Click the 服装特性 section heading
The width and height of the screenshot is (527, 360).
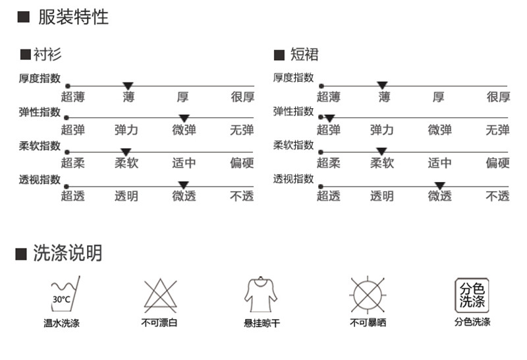pos(72,17)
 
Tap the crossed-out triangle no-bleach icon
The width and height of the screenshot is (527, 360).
pos(159,295)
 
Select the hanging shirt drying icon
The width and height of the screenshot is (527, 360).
pos(260,295)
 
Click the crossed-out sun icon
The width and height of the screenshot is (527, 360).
pos(368,295)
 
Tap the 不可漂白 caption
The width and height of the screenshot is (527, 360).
pos(159,323)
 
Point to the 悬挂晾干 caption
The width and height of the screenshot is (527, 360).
pos(262,324)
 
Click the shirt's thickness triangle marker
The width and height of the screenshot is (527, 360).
pos(128,85)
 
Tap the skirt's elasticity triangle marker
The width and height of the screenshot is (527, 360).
pos(329,118)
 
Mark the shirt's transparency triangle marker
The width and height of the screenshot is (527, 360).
pos(184,185)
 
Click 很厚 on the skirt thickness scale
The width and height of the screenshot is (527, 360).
pos(498,98)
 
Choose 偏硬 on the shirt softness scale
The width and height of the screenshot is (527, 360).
pos(242,163)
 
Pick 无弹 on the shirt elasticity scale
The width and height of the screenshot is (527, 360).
pos(242,130)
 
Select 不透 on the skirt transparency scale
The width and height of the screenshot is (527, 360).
pos(497,196)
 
